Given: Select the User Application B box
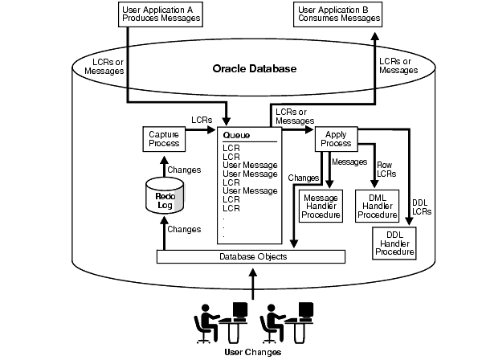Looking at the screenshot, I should [338, 14].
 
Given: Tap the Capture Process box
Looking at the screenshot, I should [164, 138].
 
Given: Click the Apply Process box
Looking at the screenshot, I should [336, 138].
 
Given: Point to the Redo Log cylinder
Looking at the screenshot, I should [164, 195].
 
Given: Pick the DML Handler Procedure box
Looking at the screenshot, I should [378, 207].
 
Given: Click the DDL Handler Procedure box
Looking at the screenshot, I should [394, 242].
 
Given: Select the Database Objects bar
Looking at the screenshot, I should [251, 256].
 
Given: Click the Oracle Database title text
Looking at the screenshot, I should [254, 69].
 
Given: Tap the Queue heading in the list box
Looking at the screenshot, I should [236, 136].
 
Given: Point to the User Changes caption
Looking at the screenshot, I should [253, 351].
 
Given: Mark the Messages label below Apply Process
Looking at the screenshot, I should [349, 162].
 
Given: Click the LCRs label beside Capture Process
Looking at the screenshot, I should [202, 120].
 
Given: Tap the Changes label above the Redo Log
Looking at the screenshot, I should [184, 170].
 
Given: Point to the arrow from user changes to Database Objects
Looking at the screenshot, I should [253, 281].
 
